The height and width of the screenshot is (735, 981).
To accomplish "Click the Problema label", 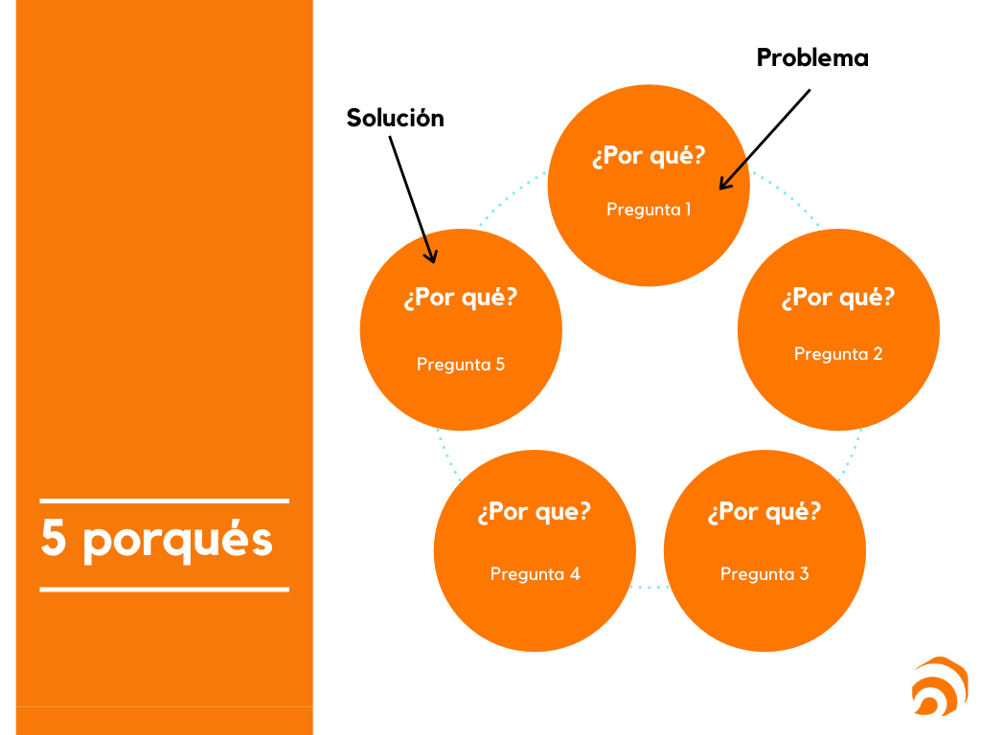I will (x=812, y=58).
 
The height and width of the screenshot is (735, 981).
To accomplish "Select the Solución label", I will (x=395, y=118).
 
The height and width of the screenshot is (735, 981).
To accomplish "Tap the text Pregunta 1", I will (x=649, y=209).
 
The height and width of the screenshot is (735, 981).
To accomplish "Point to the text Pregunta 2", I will (x=838, y=353).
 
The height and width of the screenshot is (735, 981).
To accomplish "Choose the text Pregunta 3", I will (x=764, y=573).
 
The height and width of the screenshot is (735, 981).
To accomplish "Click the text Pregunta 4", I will (x=535, y=573).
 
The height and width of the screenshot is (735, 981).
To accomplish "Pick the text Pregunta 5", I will (x=461, y=364).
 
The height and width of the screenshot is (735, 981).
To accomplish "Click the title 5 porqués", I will (x=157, y=540).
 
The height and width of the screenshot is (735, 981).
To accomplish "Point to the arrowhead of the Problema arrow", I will (x=722, y=186).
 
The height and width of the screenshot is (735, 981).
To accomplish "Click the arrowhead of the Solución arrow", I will (x=432, y=257).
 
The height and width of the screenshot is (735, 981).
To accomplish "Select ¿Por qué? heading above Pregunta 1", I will (x=649, y=156).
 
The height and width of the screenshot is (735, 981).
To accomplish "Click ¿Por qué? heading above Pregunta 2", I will (x=838, y=298).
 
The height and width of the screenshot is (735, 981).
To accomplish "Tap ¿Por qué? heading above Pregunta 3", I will (x=764, y=512).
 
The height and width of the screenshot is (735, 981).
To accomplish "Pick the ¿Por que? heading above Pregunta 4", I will (x=535, y=512).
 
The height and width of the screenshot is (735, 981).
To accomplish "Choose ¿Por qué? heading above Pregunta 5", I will (x=461, y=298).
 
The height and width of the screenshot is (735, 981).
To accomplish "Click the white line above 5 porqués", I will (x=164, y=500).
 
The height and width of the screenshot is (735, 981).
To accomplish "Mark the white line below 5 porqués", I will (x=164, y=590).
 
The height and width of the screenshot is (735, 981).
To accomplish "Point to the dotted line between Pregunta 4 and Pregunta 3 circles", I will (x=650, y=587).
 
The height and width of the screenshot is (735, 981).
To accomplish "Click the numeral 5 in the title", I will (x=54, y=539).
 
